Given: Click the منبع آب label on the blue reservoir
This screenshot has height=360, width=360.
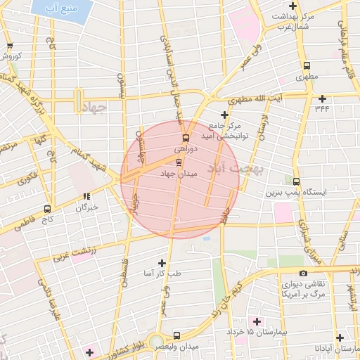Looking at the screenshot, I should pos(60,11).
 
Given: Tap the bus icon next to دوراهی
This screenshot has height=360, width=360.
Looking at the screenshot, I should pos(186,138).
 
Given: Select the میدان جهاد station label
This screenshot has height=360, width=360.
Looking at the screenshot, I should pos(179,172).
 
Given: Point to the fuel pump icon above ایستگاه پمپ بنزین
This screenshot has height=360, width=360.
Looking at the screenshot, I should pos(295,181).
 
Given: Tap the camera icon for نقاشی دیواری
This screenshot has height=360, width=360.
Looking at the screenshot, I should pos(303,274).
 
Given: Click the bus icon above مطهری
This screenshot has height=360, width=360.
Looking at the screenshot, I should pos(306,65).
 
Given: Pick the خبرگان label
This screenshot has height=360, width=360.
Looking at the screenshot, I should pos(86,207).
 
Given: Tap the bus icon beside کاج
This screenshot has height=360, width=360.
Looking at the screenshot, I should pos(47,209).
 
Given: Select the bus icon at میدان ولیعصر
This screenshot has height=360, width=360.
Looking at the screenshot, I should pos(176,336).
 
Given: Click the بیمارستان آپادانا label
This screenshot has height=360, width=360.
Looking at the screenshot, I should pos(338,349).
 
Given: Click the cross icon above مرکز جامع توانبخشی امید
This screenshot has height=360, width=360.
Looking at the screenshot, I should pos(224,115).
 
